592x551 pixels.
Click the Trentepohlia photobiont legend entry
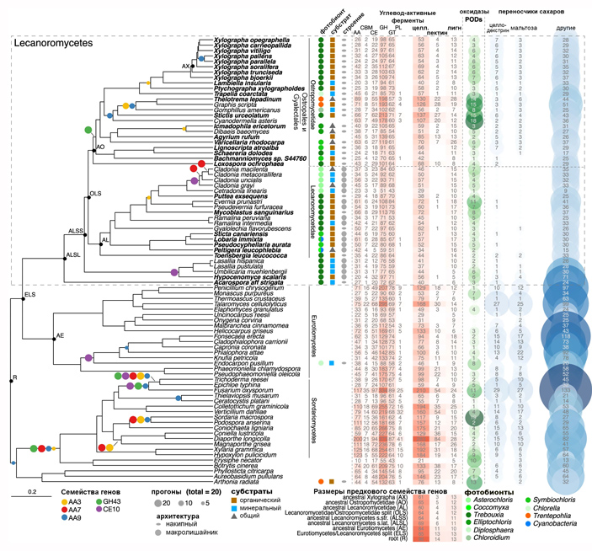pos(547,527)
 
